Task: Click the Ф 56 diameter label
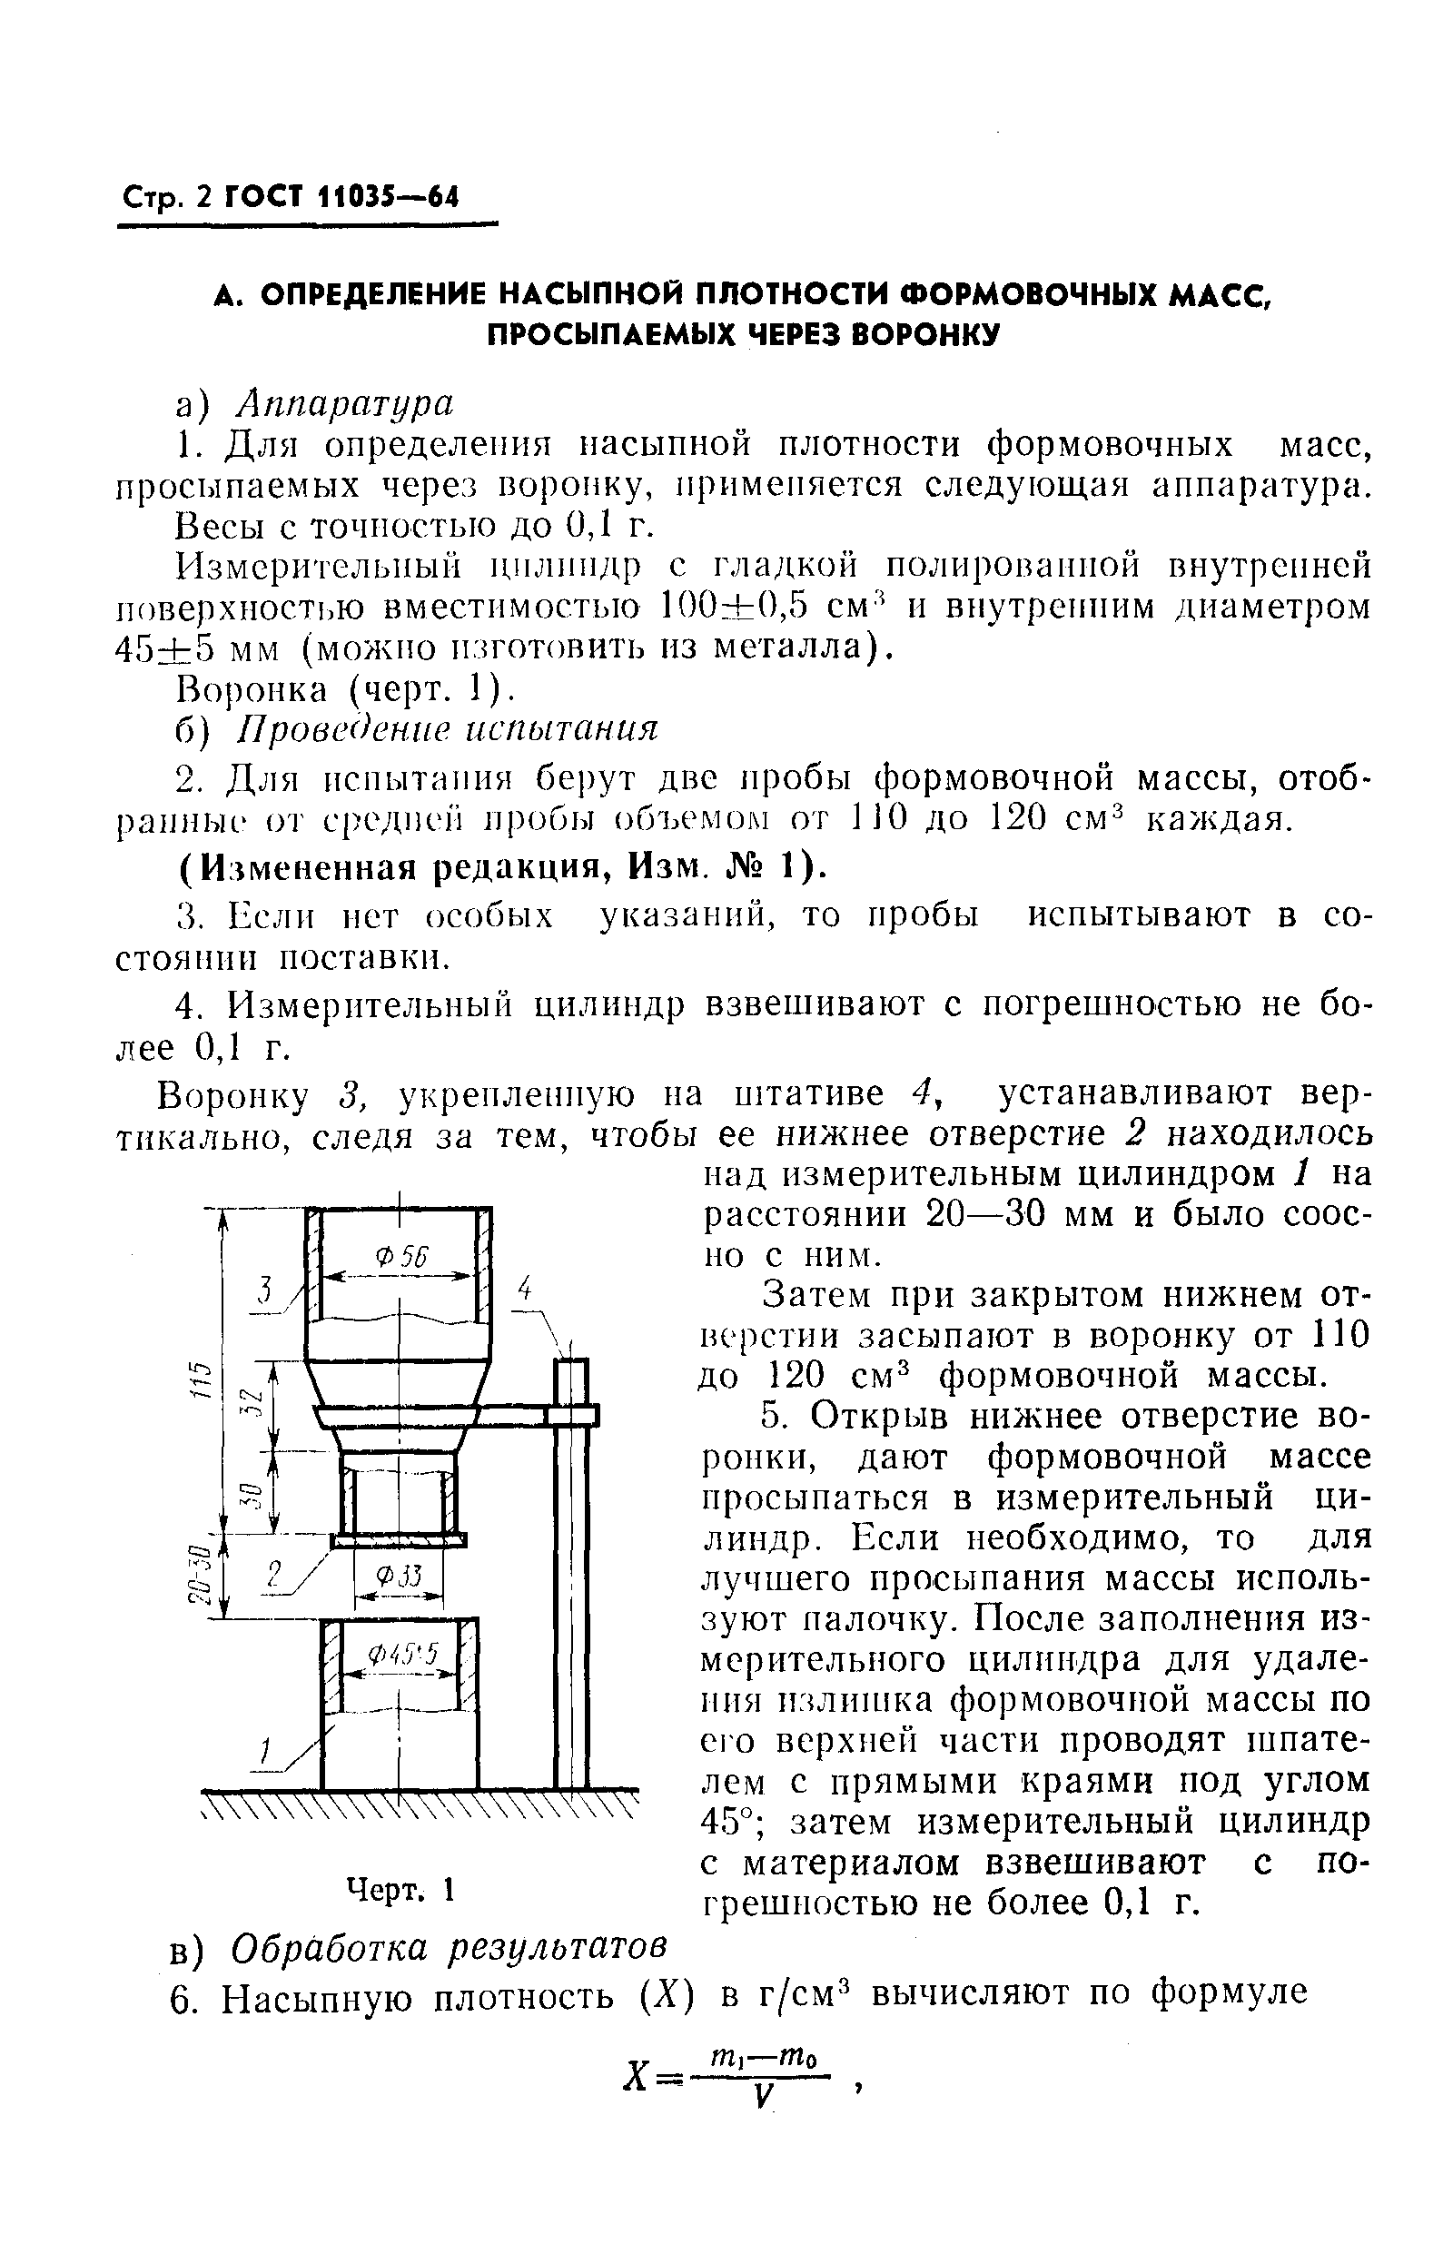400,1257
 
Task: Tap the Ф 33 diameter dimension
397,1577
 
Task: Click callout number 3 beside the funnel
266,1290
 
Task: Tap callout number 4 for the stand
526,1289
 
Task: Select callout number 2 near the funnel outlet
274,1574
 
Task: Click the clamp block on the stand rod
572,1415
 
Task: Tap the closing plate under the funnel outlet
398,1539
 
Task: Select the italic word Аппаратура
345,403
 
